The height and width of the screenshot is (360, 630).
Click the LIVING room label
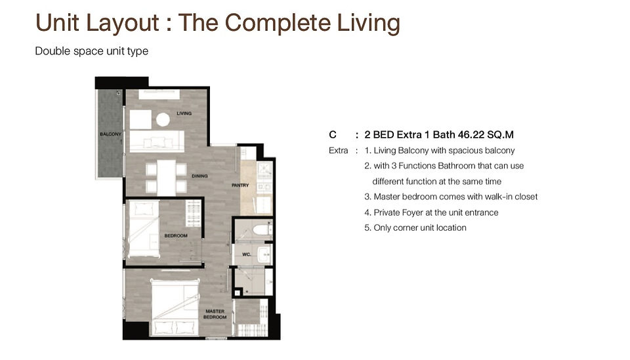[x=184, y=113]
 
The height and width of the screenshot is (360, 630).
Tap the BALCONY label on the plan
[x=110, y=134]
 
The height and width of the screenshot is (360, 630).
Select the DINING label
[x=199, y=176]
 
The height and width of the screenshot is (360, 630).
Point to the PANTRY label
[x=240, y=185]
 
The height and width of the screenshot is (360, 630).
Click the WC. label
[x=246, y=254]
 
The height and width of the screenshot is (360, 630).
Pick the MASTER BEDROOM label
[x=215, y=314]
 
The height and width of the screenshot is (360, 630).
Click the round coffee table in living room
[x=163, y=119]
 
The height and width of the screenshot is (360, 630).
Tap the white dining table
[x=166, y=178]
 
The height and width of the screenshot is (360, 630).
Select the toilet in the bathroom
[x=262, y=230]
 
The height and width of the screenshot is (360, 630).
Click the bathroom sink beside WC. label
[x=264, y=254]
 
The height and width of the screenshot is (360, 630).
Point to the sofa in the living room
[x=157, y=141]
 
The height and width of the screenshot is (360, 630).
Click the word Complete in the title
[x=278, y=23]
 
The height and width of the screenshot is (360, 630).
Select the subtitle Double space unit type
[x=92, y=51]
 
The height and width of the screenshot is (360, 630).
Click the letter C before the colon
[x=332, y=134]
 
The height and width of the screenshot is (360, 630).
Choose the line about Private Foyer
[x=431, y=212]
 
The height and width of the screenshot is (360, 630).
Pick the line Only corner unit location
[x=415, y=228]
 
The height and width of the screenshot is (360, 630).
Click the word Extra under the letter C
[x=339, y=151]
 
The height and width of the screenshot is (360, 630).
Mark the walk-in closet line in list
[x=451, y=197]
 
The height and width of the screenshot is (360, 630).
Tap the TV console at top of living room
[x=159, y=94]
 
